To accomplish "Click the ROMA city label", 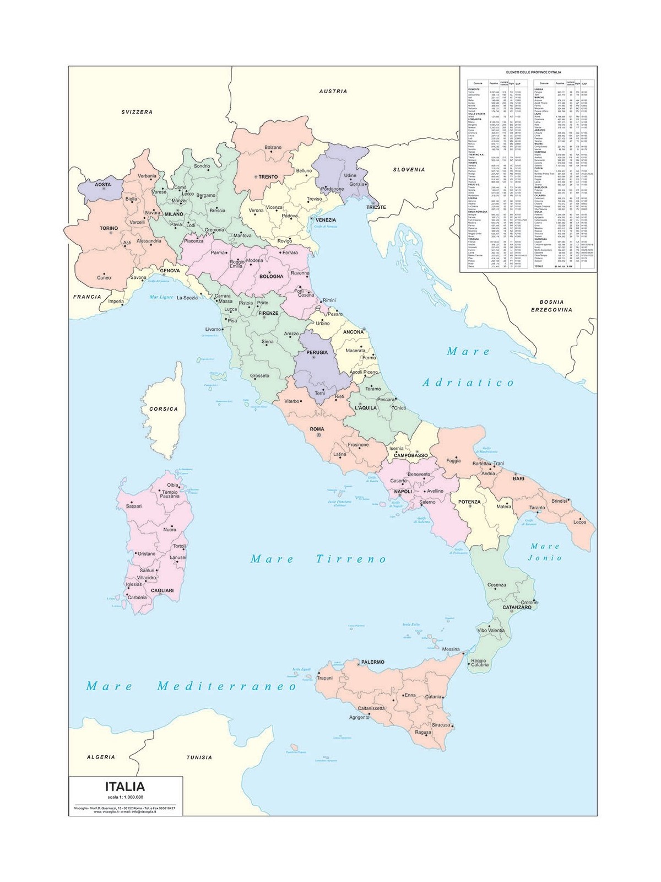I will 317,429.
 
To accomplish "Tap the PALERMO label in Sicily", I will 372,661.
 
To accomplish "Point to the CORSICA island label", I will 164,409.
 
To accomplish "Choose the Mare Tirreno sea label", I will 319,559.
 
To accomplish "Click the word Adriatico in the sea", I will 468,383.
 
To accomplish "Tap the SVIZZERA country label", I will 137,112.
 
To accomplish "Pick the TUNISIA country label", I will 199,757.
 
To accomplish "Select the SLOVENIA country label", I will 409,170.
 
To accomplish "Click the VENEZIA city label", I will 326,220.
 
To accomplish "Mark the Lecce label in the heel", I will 579,521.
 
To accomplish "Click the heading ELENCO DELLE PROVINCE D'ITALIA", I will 528,72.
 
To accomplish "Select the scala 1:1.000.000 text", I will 124,797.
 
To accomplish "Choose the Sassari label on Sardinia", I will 134,505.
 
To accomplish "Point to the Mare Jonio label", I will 545,552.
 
